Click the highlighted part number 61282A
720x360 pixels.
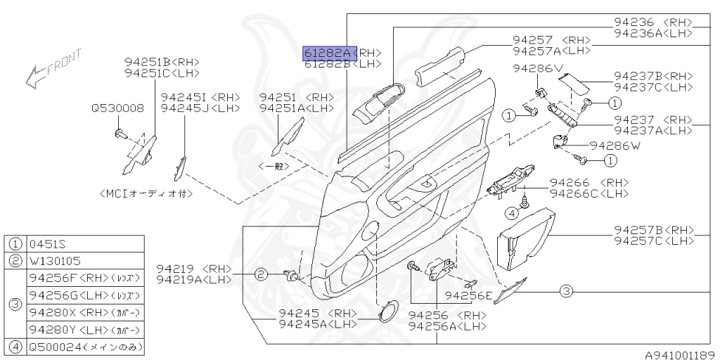point(328,53)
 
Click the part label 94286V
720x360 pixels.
point(538,68)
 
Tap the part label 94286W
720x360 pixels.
point(615,146)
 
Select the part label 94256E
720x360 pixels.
point(468,295)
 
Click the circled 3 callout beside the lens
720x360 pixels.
point(567,290)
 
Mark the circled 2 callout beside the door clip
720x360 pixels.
point(260,274)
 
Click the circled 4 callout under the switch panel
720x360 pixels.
point(513,213)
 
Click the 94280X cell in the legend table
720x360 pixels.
point(84,312)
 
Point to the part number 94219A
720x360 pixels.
point(193,279)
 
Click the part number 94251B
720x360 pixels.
point(162,62)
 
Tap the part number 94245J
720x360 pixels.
point(200,108)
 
